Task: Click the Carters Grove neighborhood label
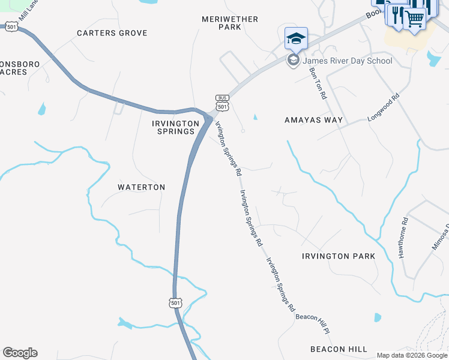point(112,33)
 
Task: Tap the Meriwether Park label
point(230,23)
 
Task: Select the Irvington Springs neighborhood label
point(175,127)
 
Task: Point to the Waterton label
point(141,187)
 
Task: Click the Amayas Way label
point(313,120)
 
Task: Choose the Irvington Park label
point(339,256)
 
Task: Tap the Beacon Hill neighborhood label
point(339,349)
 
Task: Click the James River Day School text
point(348,61)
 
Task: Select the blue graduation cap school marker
point(296,38)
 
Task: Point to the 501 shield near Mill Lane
point(11,26)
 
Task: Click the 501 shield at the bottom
point(175,303)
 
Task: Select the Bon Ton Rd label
point(318,83)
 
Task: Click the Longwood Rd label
point(384,107)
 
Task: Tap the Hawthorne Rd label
point(403,238)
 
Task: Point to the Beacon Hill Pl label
point(314,322)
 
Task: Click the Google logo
point(20,353)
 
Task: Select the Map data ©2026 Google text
point(412,355)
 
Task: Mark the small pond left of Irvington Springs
point(41,109)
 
